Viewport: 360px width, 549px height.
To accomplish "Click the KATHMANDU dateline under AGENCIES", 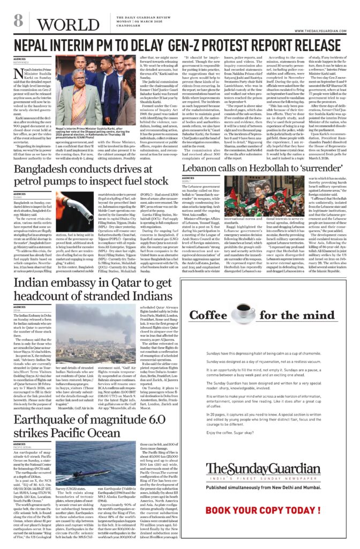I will [22, 62].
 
